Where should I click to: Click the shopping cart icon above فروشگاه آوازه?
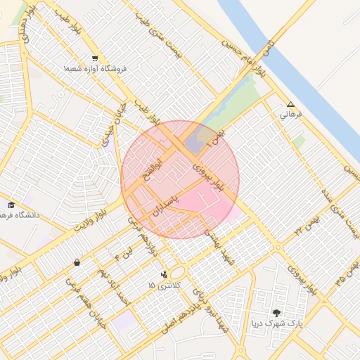(95, 58)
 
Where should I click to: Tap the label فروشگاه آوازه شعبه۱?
(95, 69)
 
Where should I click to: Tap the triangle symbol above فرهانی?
(290, 104)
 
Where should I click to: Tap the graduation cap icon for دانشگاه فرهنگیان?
(11, 205)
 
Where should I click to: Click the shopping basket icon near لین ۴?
(76, 263)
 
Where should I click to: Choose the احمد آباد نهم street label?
(115, 285)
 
